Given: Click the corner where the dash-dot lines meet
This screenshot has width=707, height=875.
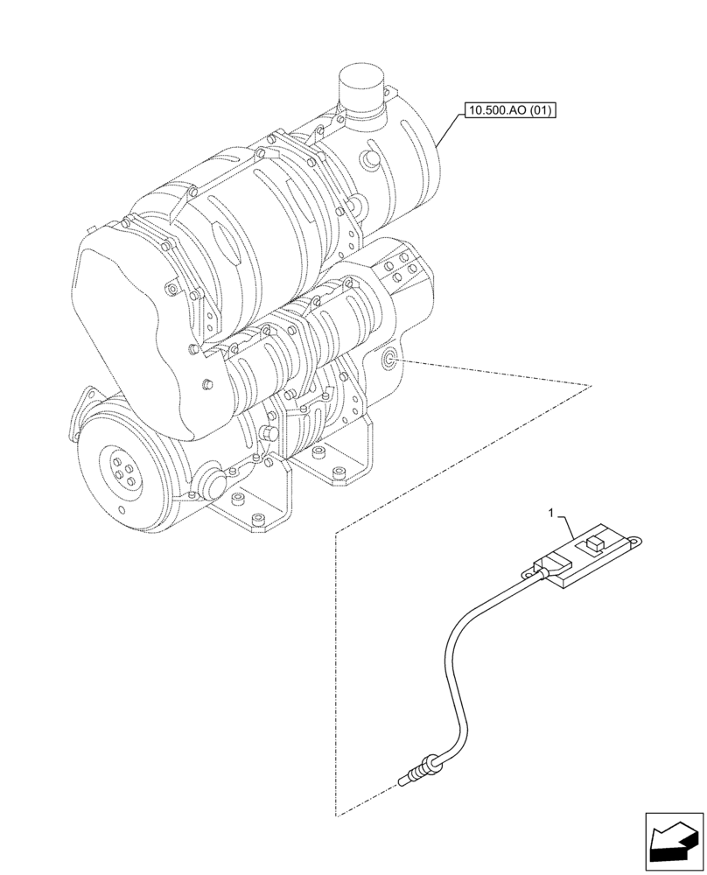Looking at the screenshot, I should (336, 531).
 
